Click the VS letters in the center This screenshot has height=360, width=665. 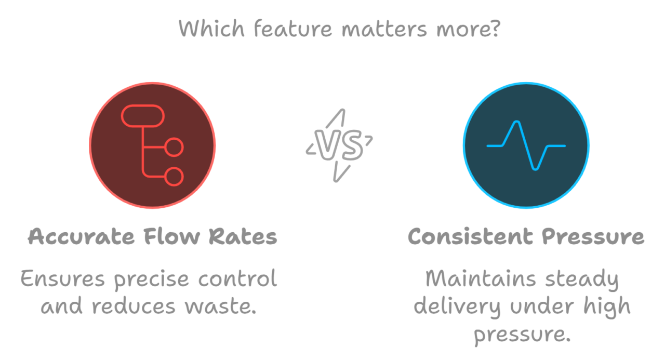pyautogui.click(x=339, y=145)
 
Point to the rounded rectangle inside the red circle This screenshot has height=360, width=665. pyautogui.click(x=142, y=116)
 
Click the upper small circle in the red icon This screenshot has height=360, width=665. pyautogui.click(x=175, y=148)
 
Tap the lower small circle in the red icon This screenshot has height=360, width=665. pyautogui.click(x=175, y=176)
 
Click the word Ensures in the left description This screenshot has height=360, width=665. pyautogui.click(x=63, y=279)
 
